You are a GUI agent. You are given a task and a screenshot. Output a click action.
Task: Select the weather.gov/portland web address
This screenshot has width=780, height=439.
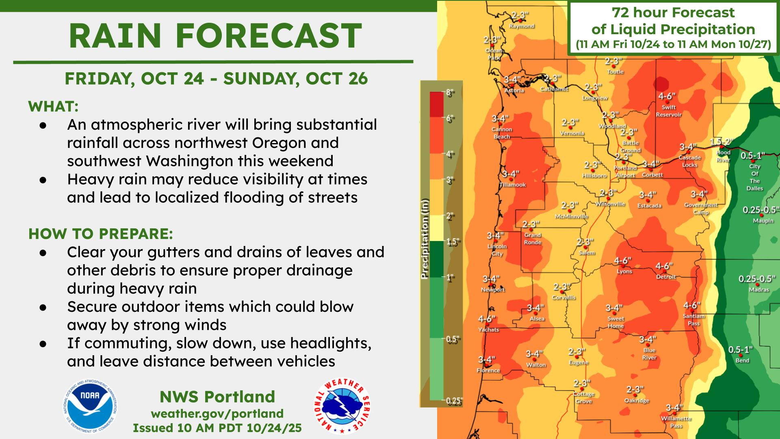click(217, 413)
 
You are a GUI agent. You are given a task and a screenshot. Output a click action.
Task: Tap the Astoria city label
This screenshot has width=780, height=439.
click(514, 91)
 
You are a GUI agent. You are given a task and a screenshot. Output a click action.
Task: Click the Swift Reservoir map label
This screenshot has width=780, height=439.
click(669, 111)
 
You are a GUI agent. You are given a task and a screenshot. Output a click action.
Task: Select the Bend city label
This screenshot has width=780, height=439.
click(742, 361)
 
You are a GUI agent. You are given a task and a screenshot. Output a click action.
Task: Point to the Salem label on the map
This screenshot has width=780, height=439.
click(587, 253)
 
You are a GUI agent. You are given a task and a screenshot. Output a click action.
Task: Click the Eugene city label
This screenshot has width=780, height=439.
click(579, 363)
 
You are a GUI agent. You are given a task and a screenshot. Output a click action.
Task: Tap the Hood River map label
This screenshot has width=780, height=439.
click(723, 156)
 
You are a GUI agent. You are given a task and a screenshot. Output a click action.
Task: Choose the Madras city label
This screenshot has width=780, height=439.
click(759, 290)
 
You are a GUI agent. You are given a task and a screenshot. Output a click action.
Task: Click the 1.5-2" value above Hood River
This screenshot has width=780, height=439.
click(721, 141)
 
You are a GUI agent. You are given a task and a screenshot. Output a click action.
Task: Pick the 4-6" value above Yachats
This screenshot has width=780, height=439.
click(487, 319)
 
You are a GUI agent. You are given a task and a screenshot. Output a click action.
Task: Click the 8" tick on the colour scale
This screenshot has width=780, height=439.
click(450, 93)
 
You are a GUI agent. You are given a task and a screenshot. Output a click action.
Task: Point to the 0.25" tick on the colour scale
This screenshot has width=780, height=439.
click(454, 402)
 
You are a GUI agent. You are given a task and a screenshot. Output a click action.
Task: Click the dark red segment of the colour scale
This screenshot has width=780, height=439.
click(437, 104)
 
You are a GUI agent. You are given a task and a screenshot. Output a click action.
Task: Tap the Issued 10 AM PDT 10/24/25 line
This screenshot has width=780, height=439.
click(217, 428)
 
